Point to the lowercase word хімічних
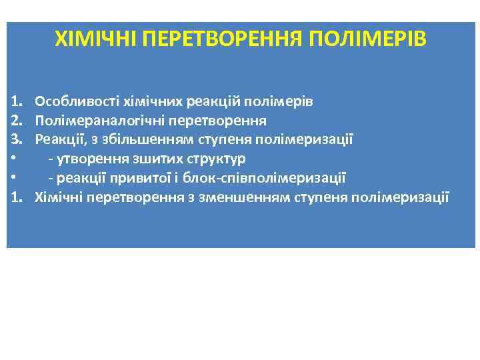pos(148,102)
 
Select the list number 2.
pos(16,121)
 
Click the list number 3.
pos(16,140)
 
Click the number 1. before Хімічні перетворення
pos(16,197)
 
